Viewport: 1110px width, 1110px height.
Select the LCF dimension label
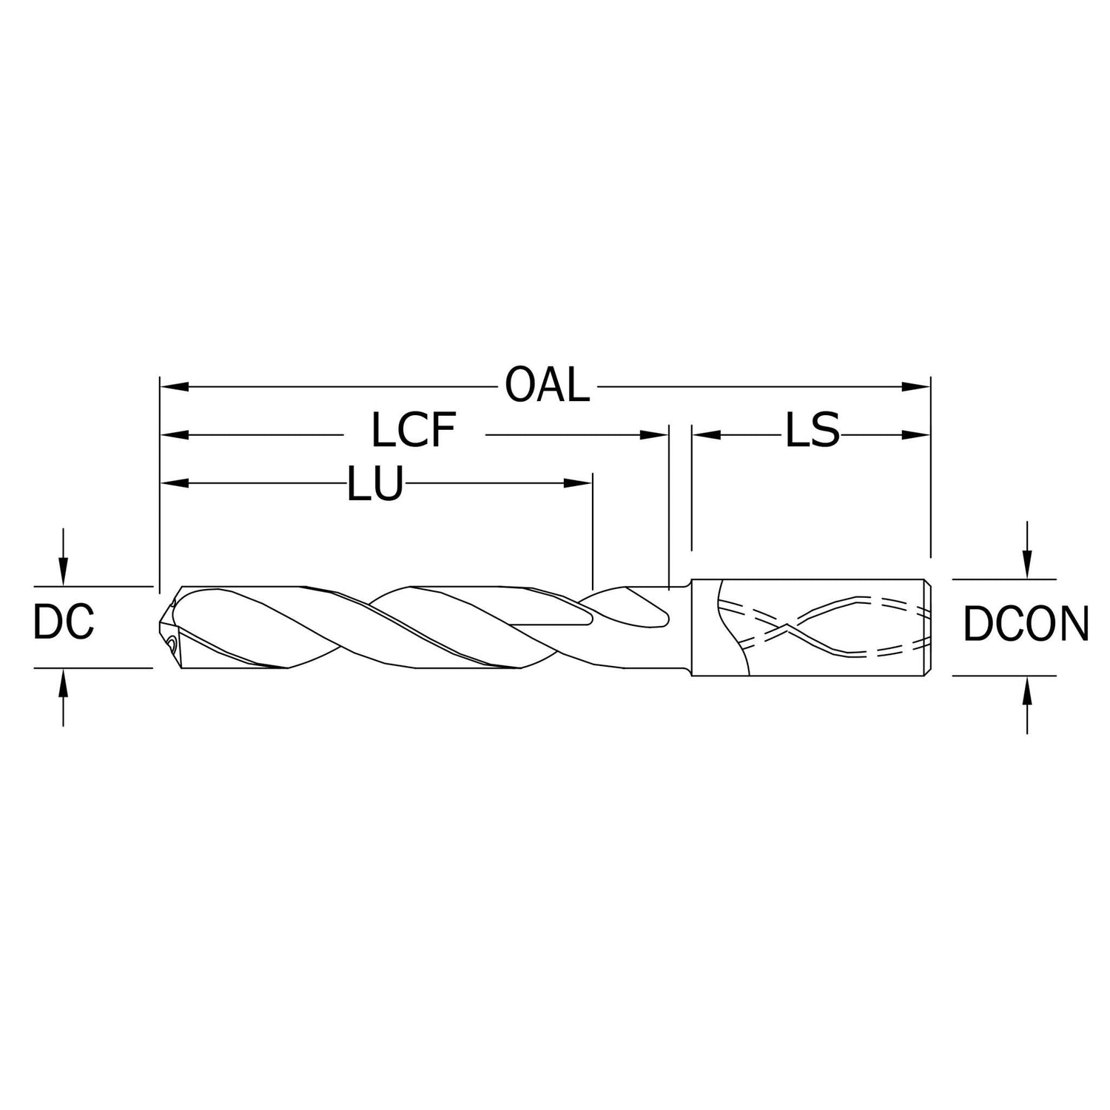(x=413, y=431)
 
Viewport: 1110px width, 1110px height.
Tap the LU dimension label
(x=375, y=485)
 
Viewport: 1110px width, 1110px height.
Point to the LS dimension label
(x=812, y=431)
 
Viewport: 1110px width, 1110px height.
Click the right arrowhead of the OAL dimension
(x=918, y=386)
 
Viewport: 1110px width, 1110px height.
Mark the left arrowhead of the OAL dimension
(x=173, y=386)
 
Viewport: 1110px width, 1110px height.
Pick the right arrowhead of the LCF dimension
(x=655, y=435)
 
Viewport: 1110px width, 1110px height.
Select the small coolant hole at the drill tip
(x=172, y=644)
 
